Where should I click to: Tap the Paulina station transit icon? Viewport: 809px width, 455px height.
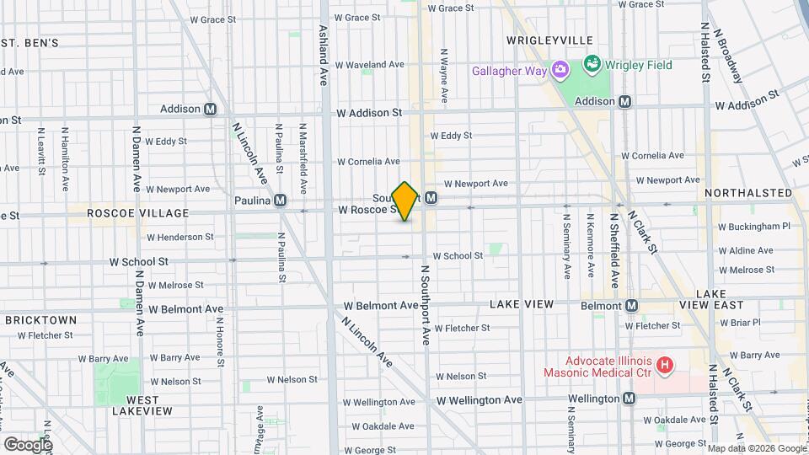click(x=280, y=201)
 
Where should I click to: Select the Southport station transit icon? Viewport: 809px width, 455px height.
click(x=431, y=197)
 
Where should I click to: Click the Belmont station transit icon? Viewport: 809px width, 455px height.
click(x=630, y=305)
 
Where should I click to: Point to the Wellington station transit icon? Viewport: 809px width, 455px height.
click(x=629, y=399)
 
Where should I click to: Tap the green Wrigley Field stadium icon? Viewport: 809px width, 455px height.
click(x=592, y=64)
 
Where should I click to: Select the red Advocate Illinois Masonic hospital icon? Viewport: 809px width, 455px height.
click(x=665, y=365)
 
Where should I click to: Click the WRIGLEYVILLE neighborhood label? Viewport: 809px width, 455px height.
click(x=550, y=40)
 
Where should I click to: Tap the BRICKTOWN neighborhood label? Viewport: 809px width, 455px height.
click(x=40, y=320)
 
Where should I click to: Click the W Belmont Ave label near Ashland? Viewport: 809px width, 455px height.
click(x=381, y=306)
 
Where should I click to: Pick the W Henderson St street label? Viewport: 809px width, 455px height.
click(x=179, y=238)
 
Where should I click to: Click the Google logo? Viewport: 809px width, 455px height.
click(x=28, y=444)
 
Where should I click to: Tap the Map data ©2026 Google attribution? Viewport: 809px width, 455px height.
click(x=756, y=447)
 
